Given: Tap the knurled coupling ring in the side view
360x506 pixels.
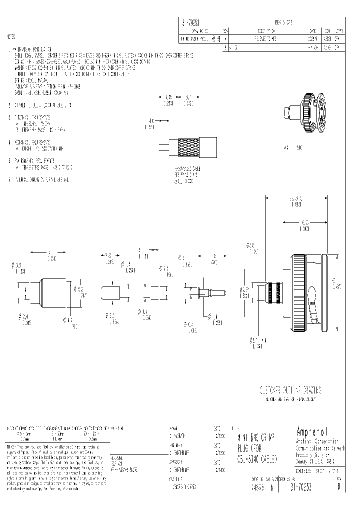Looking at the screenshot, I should tap(298, 292).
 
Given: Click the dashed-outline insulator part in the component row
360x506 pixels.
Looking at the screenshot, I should tap(153, 291).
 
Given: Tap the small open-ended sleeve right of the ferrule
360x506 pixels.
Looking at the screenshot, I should tap(110, 291).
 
